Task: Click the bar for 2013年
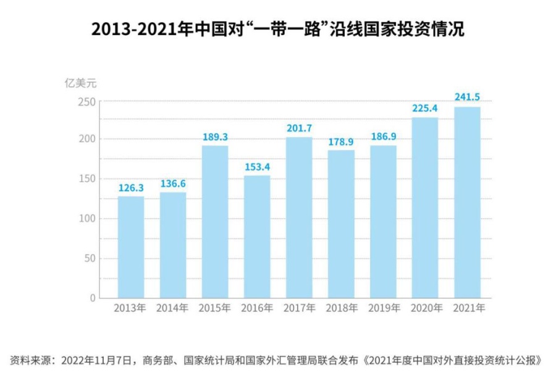pyautogui.click(x=130, y=246)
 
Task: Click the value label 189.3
pyautogui.click(x=215, y=137)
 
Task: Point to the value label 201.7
pyautogui.click(x=299, y=128)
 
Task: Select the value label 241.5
pyautogui.click(x=467, y=96)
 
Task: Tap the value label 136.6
pyautogui.click(x=173, y=183)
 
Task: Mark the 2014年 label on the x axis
pyautogui.click(x=172, y=308)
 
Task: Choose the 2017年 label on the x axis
pyautogui.click(x=299, y=308)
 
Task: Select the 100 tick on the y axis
pyautogui.click(x=88, y=219)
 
